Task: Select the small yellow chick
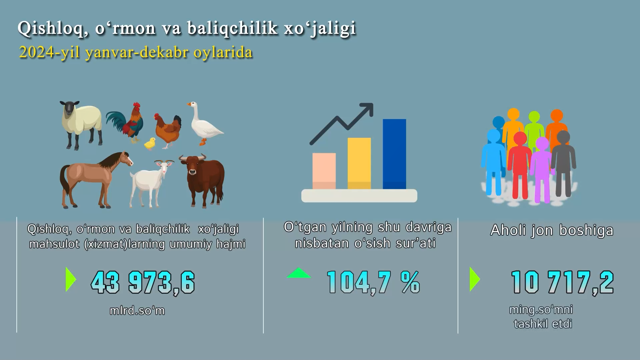[x=150, y=144]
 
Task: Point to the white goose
[x=204, y=124]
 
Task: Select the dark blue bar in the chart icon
[x=394, y=154]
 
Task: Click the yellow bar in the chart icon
[x=359, y=163]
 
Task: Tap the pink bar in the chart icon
[x=324, y=171]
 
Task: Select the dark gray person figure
[x=563, y=163]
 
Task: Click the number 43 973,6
[x=143, y=282]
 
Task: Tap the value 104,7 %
[x=373, y=282]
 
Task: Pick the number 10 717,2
[x=562, y=282]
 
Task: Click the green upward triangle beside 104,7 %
[x=299, y=273]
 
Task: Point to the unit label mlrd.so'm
[x=137, y=311]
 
